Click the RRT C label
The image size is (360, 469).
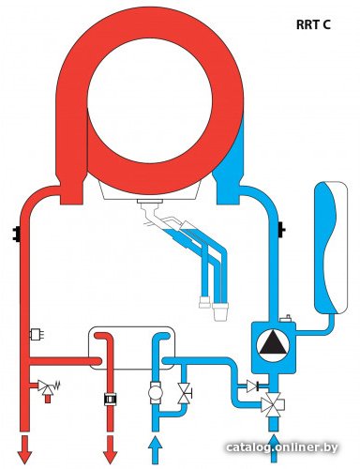pos(313,24)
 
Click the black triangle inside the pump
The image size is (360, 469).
pos(273,343)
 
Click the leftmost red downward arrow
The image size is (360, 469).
pos(24,448)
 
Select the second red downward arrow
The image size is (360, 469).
pos(110,448)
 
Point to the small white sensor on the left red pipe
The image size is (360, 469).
pos(37,335)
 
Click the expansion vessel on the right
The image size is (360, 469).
pos(331,248)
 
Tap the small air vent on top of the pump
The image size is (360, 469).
pos(286,319)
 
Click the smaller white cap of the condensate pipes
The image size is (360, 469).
pos(204,302)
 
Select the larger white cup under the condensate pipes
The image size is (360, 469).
pos(220,311)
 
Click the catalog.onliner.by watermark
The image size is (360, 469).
pos(282,447)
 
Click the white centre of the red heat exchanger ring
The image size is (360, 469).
pos(150,100)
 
